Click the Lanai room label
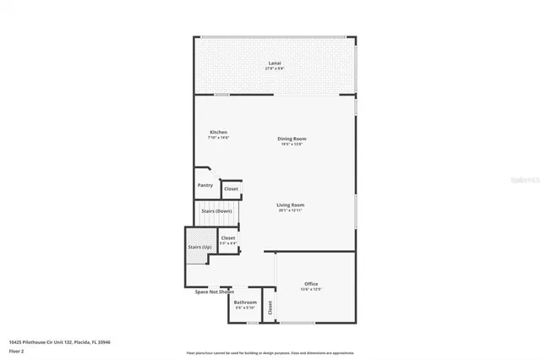pyautogui.click(x=275, y=63)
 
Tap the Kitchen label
pyautogui.click(x=218, y=132)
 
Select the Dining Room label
pyautogui.click(x=292, y=139)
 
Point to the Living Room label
pyautogui.click(x=290, y=205)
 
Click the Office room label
pyautogui.click(x=311, y=283)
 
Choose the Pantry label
pyautogui.click(x=205, y=185)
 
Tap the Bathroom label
pyautogui.click(x=245, y=302)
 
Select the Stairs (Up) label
pyautogui.click(x=199, y=247)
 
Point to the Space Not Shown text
pyautogui.click(x=214, y=292)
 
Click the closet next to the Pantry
pyautogui.click(x=231, y=188)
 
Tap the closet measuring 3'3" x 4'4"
pyautogui.click(x=228, y=238)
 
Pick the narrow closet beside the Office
pyautogui.click(x=270, y=308)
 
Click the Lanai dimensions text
pyautogui.click(x=275, y=68)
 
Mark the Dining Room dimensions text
pyautogui.click(x=292, y=144)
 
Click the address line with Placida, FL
pyautogui.click(x=60, y=342)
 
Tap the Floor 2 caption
pyautogui.click(x=17, y=351)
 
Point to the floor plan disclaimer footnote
pyautogui.click(x=270, y=352)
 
